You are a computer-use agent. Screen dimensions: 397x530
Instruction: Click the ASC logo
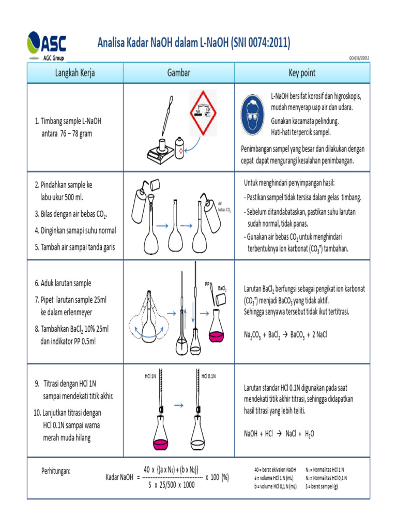(47, 46)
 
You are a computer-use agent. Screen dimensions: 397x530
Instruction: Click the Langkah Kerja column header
(75, 72)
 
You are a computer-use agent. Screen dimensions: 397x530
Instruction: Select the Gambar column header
(178, 72)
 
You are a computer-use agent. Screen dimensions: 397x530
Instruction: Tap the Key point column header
(302, 72)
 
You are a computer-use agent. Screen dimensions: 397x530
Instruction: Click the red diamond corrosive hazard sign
(203, 113)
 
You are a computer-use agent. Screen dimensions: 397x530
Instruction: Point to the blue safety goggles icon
(252, 115)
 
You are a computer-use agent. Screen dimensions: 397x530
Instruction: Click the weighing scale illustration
(160, 152)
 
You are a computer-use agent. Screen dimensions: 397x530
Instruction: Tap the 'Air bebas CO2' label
(224, 207)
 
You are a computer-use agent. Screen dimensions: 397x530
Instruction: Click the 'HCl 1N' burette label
(150, 376)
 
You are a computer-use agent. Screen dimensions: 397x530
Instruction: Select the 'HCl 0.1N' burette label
(209, 376)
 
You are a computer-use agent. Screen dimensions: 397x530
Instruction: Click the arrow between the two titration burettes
(179, 405)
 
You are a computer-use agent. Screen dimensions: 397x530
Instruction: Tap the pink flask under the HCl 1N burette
(160, 433)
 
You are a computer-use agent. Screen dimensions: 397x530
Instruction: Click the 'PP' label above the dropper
(207, 284)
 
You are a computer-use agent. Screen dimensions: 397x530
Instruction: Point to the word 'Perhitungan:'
(56, 471)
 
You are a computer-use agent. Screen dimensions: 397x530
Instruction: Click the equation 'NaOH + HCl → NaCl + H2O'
(279, 434)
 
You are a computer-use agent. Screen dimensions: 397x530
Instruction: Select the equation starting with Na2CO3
(285, 335)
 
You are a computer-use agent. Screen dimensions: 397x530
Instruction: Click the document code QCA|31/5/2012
(359, 58)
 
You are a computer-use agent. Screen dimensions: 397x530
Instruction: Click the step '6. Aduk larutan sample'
(63, 283)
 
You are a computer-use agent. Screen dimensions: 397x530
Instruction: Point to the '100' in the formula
(215, 477)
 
